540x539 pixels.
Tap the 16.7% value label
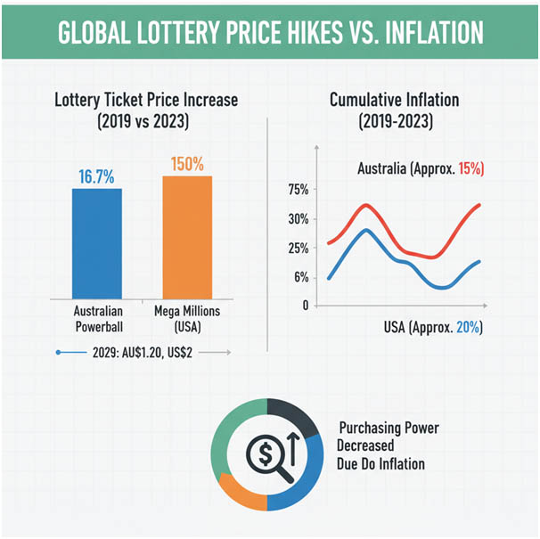point(95,176)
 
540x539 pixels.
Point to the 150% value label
point(187,165)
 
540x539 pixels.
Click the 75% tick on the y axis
point(298,190)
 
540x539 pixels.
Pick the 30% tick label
point(298,219)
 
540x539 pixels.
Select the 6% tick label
point(301,278)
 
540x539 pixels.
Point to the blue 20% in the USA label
point(469,328)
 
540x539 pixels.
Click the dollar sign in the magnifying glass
point(265,453)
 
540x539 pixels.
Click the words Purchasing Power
point(389,429)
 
